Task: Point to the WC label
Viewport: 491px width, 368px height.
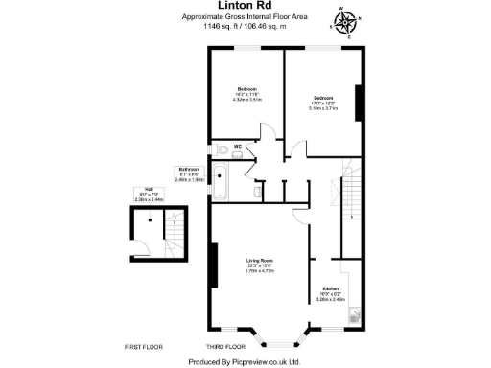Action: click(x=237, y=146)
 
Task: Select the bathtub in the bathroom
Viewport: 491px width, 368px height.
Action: click(x=219, y=181)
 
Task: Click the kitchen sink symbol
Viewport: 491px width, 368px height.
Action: click(x=356, y=313)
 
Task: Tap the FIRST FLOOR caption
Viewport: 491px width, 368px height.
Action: click(x=145, y=345)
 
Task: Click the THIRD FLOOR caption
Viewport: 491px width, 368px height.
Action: click(x=226, y=345)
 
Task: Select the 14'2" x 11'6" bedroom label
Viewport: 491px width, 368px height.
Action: click(x=246, y=97)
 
